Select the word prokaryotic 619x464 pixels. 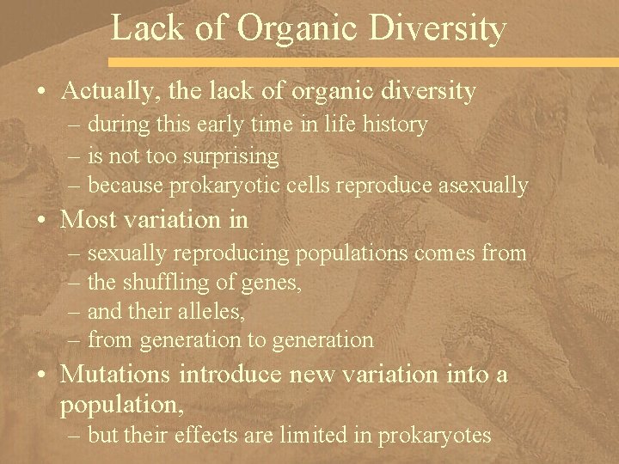click(x=218, y=186)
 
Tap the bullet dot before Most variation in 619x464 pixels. click(x=44, y=221)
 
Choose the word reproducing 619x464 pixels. click(x=235, y=253)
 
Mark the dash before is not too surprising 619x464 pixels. click(x=74, y=156)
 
